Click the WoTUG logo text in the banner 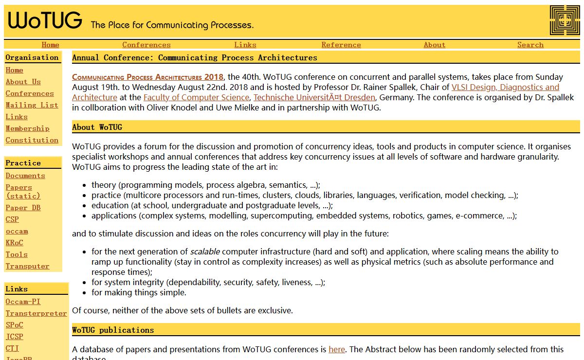point(45,21)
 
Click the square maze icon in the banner point(565,20)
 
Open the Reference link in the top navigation point(341,45)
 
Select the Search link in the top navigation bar point(530,45)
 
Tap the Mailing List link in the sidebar point(32,105)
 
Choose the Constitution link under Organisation point(32,140)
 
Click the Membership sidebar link point(27,128)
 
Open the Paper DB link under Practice point(23,208)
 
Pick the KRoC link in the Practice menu point(14,243)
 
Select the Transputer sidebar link point(27,266)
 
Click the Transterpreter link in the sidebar point(36,313)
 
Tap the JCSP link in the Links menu point(14,337)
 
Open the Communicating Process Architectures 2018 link point(147,77)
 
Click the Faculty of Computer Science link point(196,97)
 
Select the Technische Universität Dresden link point(314,97)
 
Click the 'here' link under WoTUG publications point(336,349)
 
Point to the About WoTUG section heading point(97,127)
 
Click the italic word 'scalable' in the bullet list point(204,252)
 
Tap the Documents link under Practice point(25,176)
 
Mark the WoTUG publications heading point(113,330)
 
